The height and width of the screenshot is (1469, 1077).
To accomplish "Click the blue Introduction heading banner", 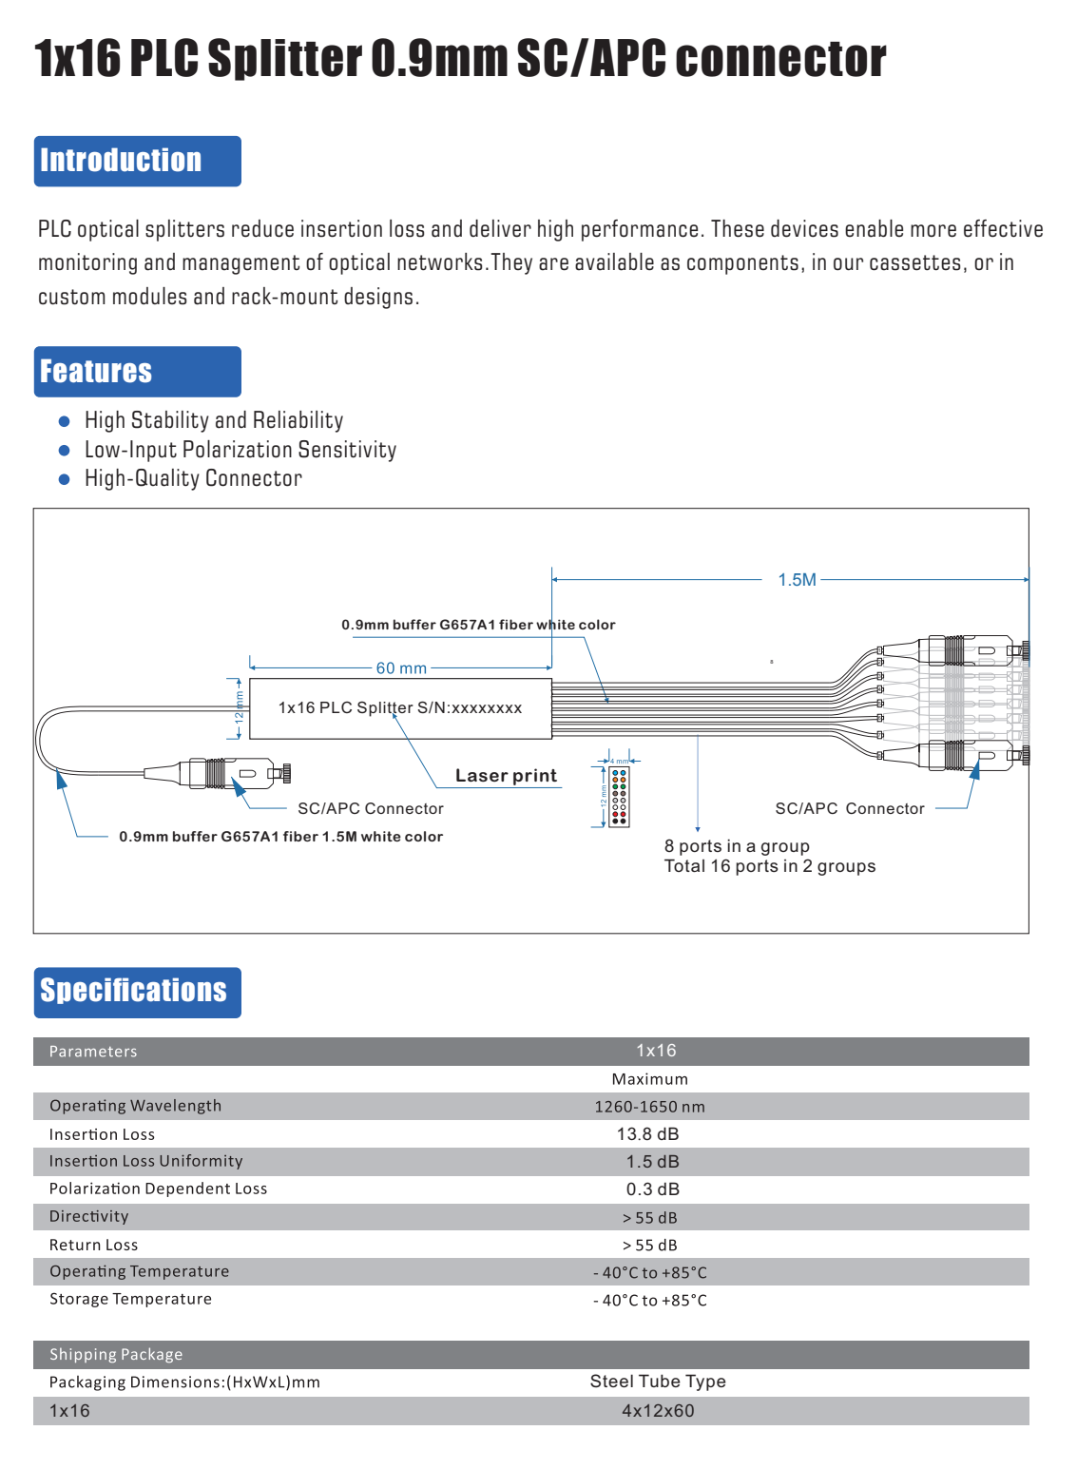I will pos(138,161).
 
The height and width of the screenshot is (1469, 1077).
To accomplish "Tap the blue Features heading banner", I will pos(138,372).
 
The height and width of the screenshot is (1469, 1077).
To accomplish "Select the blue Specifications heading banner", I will pos(138,992).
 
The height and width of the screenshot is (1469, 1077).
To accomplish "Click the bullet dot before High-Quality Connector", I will pos(65,479).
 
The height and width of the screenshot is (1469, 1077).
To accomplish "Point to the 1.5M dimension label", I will pos(797,580).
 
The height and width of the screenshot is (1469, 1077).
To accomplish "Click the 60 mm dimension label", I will pos(401,668).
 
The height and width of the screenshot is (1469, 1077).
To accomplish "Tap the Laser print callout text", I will pos(506,776).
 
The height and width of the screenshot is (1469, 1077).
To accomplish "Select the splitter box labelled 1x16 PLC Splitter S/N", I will pos(400,708).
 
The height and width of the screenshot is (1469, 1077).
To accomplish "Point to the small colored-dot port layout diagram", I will pos(619,797).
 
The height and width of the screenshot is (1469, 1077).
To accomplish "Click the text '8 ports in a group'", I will pos(737,846).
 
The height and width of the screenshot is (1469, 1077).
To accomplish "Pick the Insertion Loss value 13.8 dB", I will pos(648,1134).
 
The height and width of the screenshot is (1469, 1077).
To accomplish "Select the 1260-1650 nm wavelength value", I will pos(650,1107).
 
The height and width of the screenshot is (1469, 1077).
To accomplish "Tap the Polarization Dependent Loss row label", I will pos(158,1189).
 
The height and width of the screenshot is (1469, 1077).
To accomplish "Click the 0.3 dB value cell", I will pos(653,1189).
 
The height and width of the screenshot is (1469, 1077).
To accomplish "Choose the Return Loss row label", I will pos(93,1245).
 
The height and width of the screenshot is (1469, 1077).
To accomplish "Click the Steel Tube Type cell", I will pos(658,1382).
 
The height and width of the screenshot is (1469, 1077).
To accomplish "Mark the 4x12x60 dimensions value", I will pos(658,1411).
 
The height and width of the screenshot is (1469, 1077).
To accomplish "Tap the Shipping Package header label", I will pos(116,1355).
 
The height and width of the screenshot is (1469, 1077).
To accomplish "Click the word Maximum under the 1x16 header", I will pos(650,1079).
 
